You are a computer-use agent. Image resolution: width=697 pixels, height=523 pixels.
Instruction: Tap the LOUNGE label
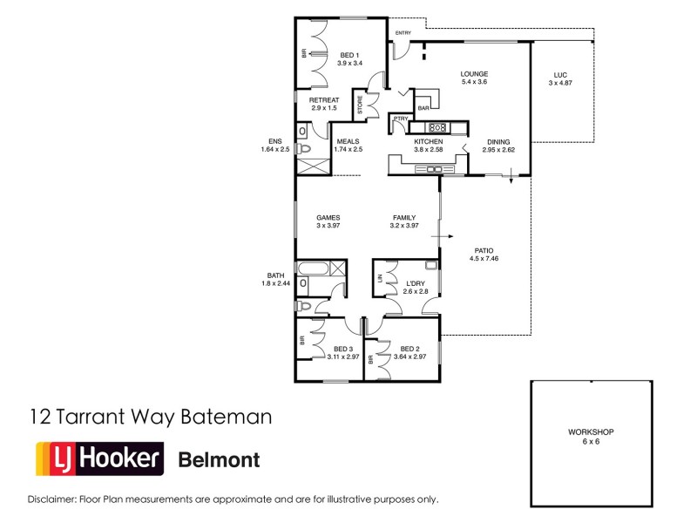(474, 74)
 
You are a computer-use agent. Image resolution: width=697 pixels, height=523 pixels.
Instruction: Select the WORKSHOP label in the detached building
(592, 432)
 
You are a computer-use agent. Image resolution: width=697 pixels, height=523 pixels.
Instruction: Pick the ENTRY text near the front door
(403, 33)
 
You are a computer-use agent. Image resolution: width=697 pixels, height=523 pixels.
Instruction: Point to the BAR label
(423, 108)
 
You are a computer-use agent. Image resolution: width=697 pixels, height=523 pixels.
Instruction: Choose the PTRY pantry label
(401, 119)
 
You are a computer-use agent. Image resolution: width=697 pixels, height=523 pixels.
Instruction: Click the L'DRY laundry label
(416, 282)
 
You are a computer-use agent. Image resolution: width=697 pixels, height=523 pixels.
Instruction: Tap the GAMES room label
(328, 218)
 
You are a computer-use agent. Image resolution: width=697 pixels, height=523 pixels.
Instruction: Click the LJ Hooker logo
(98, 458)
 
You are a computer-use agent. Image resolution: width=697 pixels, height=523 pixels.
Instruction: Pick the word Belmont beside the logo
(219, 459)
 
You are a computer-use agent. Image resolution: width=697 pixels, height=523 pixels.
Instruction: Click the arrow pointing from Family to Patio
(448, 235)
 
